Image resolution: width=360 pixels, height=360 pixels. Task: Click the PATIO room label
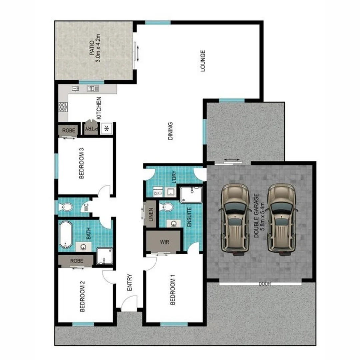[92, 52]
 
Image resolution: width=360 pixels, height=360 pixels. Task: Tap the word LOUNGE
[203, 61]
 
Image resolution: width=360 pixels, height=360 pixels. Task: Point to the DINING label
[170, 131]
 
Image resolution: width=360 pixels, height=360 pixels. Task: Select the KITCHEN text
[99, 108]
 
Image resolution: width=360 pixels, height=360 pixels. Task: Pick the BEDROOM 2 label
[82, 296]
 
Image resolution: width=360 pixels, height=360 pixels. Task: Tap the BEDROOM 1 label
[173, 292]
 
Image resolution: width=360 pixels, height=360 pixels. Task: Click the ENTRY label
[130, 283]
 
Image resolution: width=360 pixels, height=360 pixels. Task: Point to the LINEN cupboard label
[151, 215]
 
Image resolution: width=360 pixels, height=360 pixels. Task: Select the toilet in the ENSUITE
[166, 207]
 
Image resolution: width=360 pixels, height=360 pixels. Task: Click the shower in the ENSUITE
[191, 195]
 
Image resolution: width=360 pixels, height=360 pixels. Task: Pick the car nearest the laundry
[235, 220]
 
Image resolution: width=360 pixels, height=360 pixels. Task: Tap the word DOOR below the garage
[264, 284]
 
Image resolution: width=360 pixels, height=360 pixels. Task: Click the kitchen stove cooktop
[63, 106]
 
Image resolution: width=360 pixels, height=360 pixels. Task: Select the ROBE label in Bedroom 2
[76, 261]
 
